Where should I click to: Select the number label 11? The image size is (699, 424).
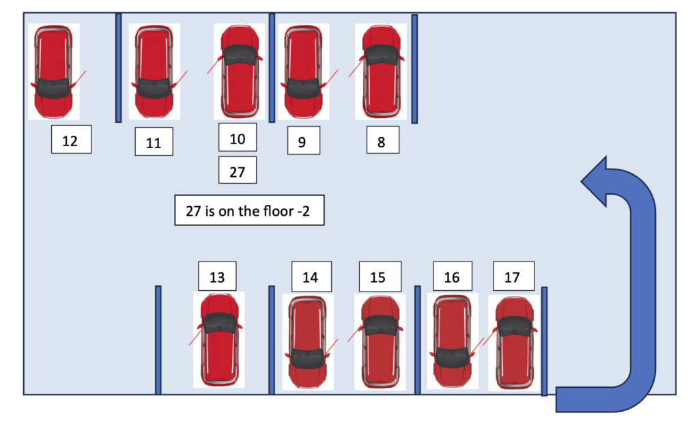pos(154,143)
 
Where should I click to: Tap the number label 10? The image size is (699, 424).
pos(237,139)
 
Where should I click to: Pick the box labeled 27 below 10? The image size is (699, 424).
pos(237,171)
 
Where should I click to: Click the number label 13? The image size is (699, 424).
pos(217,277)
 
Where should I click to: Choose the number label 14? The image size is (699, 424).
pos(310,277)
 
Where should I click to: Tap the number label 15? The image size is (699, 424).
pos(377,277)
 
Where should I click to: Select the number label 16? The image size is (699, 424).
pos(451,277)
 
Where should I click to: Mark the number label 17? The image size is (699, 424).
pos(512,277)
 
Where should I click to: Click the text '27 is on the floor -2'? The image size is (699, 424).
pos(249,212)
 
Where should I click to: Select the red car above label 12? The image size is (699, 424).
pos(53,72)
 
